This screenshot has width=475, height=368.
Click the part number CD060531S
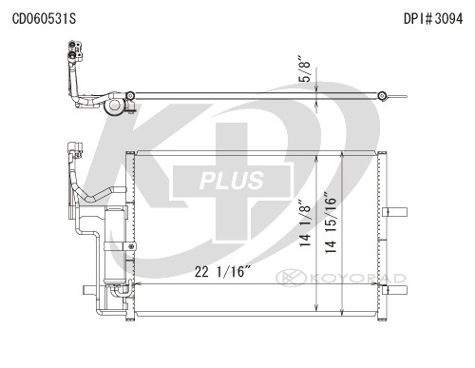click(44, 18)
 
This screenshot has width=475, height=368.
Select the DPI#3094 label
click(433, 18)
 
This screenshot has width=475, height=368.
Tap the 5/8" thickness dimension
click(305, 69)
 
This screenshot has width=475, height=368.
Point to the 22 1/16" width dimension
click(222, 272)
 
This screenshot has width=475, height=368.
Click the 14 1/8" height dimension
click(305, 223)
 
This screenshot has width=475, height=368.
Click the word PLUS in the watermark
click(232, 181)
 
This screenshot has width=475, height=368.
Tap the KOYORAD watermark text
click(358, 279)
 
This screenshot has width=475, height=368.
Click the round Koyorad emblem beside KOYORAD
click(291, 278)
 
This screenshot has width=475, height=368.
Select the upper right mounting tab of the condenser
click(394, 212)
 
